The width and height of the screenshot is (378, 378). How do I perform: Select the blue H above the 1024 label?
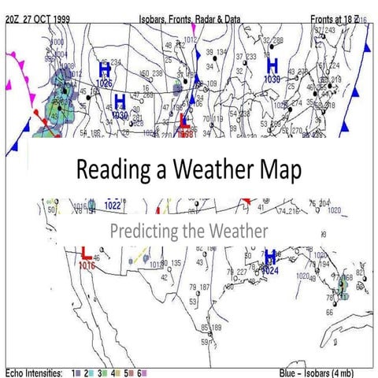[x=270, y=258]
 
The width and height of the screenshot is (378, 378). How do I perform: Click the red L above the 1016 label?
[x=84, y=252]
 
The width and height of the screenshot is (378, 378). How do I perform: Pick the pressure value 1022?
[x=113, y=206]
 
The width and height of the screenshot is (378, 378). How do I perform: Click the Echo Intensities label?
[x=31, y=371]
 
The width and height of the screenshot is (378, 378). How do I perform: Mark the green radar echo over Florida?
[x=340, y=287]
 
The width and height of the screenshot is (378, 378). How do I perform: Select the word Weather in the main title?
[x=209, y=170]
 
